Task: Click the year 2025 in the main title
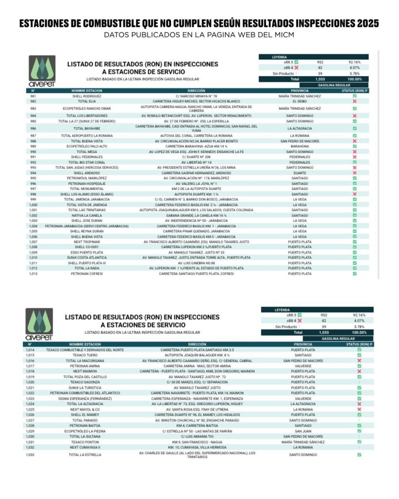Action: tap(362, 24)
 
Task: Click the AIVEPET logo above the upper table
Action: tap(42, 72)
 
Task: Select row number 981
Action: tap(33, 96)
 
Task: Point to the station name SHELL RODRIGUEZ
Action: tap(86, 96)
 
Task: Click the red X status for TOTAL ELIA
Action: tap(355, 101)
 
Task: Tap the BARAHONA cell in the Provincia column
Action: tap(300, 146)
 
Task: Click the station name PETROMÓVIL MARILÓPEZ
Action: tap(86, 178)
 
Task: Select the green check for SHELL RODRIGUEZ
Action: tap(355, 96)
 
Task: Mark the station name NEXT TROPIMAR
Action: tap(86, 242)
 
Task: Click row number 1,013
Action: tap(33, 274)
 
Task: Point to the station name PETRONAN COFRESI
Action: tap(86, 274)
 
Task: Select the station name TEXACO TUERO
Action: tap(85, 355)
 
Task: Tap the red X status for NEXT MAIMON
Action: tap(359, 371)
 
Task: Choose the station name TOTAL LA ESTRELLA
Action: tap(85, 455)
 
